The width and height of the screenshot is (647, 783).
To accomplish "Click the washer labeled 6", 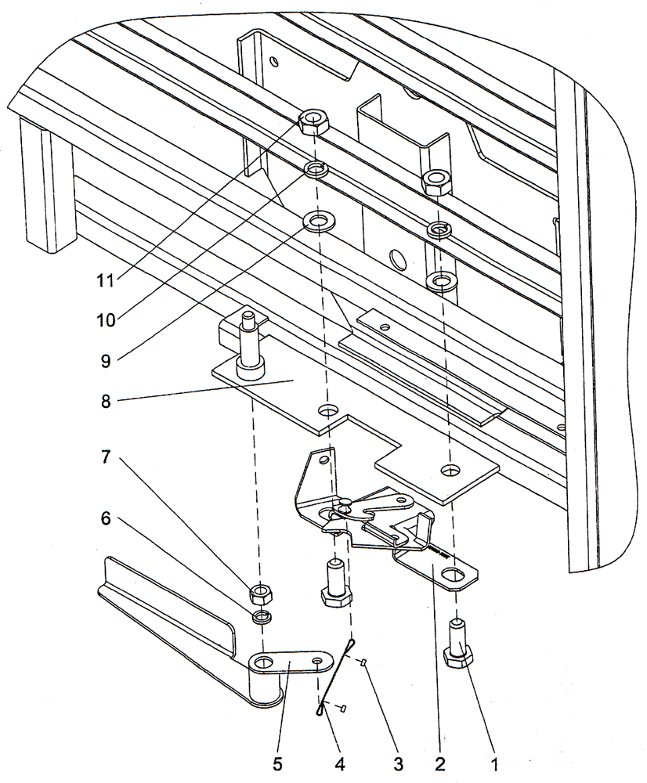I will [262, 617].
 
